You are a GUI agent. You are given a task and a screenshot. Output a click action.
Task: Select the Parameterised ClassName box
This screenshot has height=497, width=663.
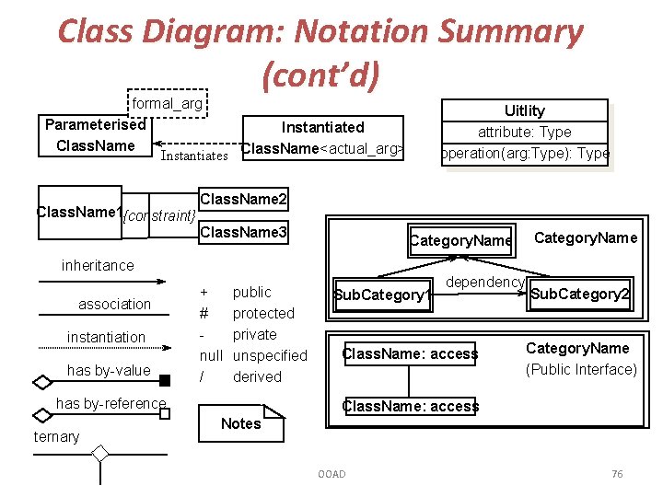click(x=95, y=135)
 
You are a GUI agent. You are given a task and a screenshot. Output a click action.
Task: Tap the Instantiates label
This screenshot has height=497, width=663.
click(x=193, y=156)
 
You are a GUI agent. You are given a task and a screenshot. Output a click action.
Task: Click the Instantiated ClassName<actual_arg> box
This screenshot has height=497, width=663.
click(x=322, y=138)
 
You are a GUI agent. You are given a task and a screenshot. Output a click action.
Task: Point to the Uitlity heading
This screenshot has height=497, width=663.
click(x=524, y=110)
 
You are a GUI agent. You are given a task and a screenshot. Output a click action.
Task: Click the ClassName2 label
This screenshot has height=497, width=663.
click(x=243, y=199)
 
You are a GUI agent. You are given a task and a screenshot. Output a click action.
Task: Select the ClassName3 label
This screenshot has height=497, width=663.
click(x=243, y=232)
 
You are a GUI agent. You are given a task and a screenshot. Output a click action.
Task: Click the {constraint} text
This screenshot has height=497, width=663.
click(x=159, y=216)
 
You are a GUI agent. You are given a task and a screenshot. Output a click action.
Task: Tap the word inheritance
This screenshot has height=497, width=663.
click(x=98, y=265)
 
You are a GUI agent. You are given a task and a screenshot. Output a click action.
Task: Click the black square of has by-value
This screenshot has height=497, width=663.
click(x=165, y=380)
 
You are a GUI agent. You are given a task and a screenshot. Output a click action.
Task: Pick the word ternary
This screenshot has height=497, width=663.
click(x=57, y=436)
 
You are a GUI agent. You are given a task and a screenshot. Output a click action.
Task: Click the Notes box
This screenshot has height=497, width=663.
click(x=241, y=423)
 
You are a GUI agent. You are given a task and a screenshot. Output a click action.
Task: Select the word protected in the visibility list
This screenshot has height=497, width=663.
click(x=263, y=313)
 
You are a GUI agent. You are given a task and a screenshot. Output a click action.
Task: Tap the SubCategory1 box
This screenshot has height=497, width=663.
click(x=381, y=295)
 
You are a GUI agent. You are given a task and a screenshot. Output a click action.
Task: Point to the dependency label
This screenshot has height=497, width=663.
click(x=485, y=283)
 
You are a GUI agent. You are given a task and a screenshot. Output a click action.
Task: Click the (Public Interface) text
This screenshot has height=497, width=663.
click(x=581, y=369)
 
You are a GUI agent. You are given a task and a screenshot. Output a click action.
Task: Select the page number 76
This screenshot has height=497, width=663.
click(x=617, y=474)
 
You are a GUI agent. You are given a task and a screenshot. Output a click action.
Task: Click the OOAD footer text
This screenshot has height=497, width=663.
click(x=331, y=474)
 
